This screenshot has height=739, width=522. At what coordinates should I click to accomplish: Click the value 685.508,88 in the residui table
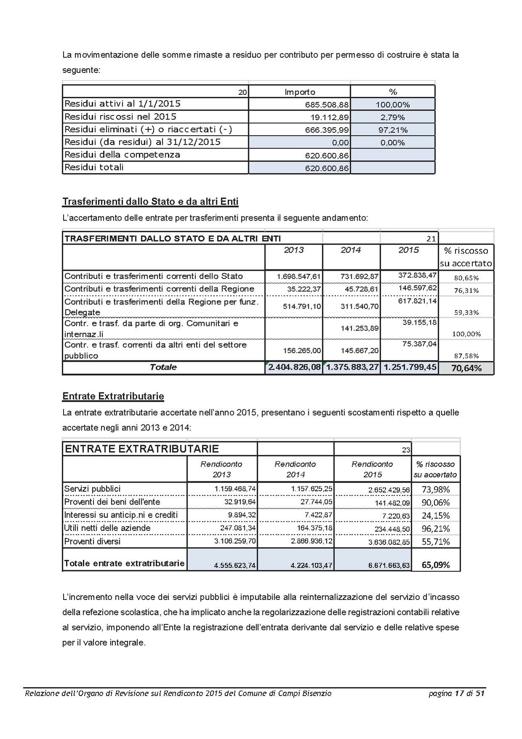(327, 105)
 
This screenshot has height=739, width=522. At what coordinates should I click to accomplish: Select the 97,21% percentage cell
(393, 130)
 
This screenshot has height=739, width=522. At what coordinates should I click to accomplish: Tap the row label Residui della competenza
(122, 155)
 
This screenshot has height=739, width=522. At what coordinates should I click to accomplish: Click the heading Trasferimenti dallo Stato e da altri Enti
(150, 202)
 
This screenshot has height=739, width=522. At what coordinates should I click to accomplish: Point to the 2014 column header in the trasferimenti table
(351, 250)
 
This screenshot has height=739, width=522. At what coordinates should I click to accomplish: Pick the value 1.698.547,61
(299, 277)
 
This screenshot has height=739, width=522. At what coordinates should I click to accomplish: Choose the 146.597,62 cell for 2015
(417, 288)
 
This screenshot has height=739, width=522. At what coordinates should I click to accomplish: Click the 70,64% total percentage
(466, 368)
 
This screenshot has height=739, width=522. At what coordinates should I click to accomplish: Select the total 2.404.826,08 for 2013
(294, 367)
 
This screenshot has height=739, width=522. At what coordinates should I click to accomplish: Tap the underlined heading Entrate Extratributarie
(113, 396)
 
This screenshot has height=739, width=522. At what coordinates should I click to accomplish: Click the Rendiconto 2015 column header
(372, 469)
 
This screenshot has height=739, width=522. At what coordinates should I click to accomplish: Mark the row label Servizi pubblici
(92, 489)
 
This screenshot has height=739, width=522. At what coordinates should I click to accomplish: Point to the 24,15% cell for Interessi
(436, 516)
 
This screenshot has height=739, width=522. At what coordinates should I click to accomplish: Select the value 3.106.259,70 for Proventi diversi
(235, 541)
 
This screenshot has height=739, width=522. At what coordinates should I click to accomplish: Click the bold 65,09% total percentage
(436, 565)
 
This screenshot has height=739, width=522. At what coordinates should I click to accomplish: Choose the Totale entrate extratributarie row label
(124, 563)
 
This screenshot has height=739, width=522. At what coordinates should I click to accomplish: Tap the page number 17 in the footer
(459, 693)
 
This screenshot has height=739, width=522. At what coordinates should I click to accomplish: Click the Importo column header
(300, 92)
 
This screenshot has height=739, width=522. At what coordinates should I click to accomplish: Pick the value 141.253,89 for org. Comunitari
(359, 328)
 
